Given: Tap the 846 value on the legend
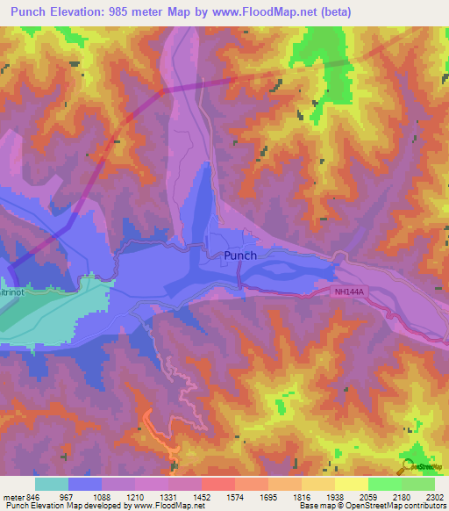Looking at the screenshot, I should click(x=33, y=496).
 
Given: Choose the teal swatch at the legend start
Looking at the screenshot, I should click(x=52, y=484).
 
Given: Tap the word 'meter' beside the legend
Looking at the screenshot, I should click(x=13, y=496).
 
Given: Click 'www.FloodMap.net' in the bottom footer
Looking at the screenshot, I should click(x=167, y=506).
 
